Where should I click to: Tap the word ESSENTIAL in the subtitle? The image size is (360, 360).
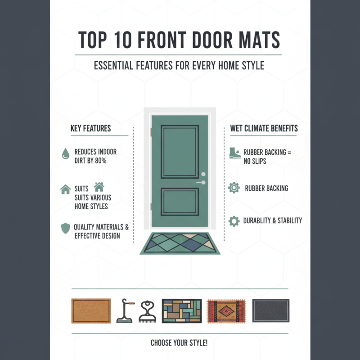[x=113, y=66]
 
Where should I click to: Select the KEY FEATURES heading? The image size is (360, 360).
[x=90, y=129]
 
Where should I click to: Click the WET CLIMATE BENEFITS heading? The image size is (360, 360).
[x=264, y=129]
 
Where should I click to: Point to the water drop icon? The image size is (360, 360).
[x=65, y=154]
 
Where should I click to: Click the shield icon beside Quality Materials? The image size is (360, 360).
[x=65, y=228]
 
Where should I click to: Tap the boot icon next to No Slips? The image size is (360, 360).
[x=234, y=153]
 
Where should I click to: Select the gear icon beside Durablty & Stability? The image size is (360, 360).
[x=234, y=221]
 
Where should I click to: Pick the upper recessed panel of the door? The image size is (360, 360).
[x=180, y=152]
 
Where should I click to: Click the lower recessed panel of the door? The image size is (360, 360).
[x=180, y=201]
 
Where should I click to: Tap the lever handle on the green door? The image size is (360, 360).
[x=201, y=183]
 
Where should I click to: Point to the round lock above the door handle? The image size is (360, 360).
[x=203, y=174]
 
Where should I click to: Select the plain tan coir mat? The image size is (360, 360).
[x=91, y=311]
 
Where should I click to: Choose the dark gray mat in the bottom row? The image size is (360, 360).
[x=270, y=311]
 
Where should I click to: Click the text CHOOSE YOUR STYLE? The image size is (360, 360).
[x=179, y=343]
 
